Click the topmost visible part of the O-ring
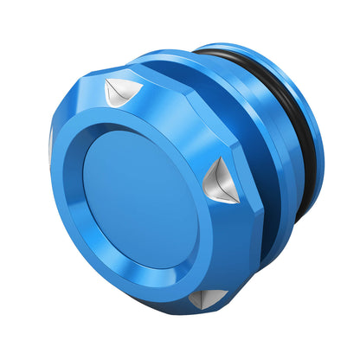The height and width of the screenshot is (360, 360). tap(234, 50)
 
